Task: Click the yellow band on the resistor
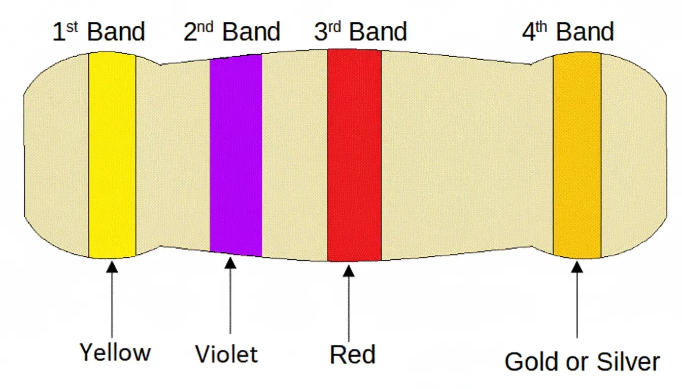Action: point(112,154)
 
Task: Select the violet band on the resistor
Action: point(235,154)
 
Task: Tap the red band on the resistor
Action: point(354,154)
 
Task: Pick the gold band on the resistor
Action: point(577,154)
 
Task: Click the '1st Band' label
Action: point(99,31)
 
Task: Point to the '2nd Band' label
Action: point(231,31)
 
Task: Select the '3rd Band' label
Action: point(360,31)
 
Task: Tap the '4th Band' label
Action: point(568,31)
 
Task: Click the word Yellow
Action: point(115,352)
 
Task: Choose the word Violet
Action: point(226,354)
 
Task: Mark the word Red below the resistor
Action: point(352,354)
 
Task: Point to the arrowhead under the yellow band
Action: point(112,265)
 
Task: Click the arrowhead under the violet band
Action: point(230,263)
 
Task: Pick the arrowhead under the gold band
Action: point(577,266)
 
